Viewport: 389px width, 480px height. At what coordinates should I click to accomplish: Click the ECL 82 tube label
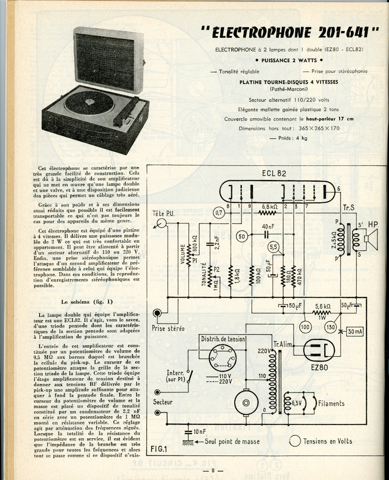pyautogui.click(x=274, y=174)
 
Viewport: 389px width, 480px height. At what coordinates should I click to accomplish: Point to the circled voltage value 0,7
pyautogui.click(x=219, y=213)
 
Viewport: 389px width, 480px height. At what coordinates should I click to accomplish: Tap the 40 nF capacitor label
pyautogui.click(x=267, y=226)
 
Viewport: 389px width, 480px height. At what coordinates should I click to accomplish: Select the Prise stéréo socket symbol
pyautogui.click(x=157, y=313)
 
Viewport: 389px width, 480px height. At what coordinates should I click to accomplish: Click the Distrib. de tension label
pyautogui.click(x=223, y=339)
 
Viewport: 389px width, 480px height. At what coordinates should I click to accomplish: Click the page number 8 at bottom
pyautogui.click(x=213, y=471)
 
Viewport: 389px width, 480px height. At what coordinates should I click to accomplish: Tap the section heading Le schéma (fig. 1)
pyautogui.click(x=87, y=302)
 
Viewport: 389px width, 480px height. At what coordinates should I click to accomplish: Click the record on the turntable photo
pyautogui.click(x=89, y=103)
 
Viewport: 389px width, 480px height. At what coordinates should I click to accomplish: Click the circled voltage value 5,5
pyautogui.click(x=274, y=247)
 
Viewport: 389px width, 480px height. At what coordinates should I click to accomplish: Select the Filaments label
pyautogui.click(x=331, y=404)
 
